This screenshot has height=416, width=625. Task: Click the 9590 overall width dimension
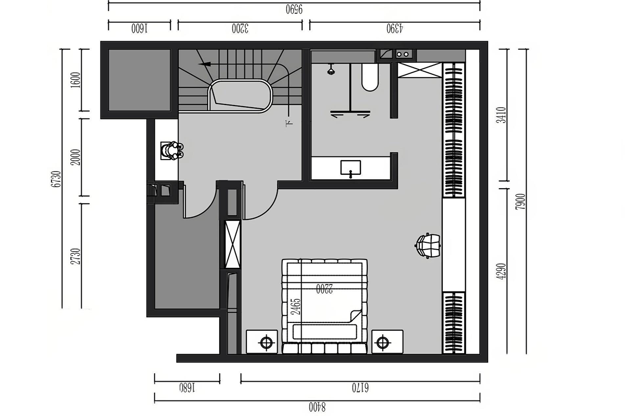coord(294,10)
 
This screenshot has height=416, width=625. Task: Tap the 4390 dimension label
coord(395,29)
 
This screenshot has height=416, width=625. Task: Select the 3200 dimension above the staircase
coord(240,29)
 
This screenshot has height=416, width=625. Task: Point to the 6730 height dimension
coord(56,179)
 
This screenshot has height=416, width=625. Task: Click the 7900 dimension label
coord(521,202)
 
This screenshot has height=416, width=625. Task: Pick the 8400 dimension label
coord(317,407)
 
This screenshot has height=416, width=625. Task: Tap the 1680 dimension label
coord(187,388)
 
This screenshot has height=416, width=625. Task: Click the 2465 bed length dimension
coord(296,307)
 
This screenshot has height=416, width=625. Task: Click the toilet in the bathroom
coord(370,77)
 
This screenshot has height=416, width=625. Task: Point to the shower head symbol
coord(331,70)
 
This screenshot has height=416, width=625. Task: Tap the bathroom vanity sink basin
coord(351,168)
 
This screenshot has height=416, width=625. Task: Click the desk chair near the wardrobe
coord(427,245)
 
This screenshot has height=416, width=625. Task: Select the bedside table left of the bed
coord(261,342)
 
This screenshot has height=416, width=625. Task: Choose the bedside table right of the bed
coord(387,342)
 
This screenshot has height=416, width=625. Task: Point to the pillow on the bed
coord(325,332)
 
